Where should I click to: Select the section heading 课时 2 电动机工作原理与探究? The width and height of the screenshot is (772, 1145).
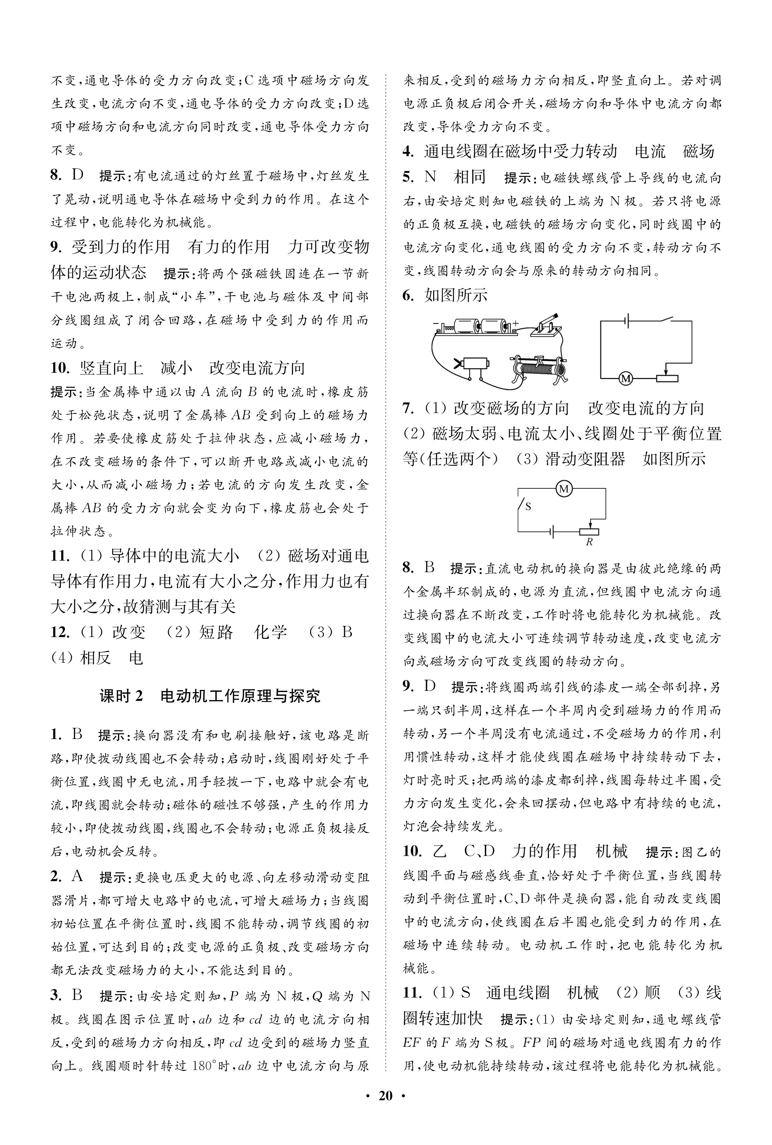click(210, 696)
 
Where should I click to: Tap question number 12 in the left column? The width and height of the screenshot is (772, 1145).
click(60, 632)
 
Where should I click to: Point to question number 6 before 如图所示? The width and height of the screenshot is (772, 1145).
click(408, 295)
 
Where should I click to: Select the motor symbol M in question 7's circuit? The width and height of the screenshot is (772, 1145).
click(563, 488)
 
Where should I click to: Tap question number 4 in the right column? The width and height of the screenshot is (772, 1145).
click(408, 152)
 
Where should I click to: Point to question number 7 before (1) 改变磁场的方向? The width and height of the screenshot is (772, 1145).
click(408, 409)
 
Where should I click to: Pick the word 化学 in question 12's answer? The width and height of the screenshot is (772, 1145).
click(270, 632)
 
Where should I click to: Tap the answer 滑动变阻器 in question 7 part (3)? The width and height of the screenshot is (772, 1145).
click(585, 459)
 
